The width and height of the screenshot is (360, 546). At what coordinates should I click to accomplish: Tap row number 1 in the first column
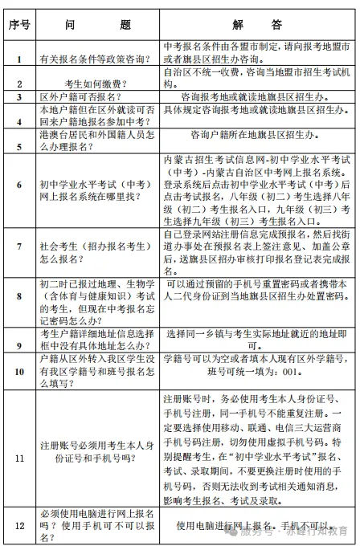[x=18, y=59]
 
